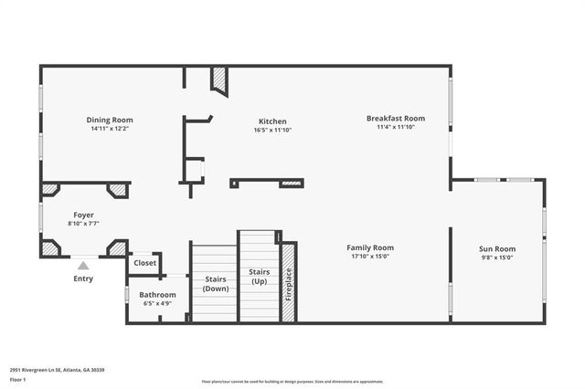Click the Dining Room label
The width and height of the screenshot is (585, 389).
(110, 120)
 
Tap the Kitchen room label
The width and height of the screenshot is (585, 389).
(272, 121)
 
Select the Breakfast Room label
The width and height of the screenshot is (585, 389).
(396, 118)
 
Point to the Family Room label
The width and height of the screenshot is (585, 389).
(370, 247)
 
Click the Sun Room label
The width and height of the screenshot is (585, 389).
(497, 248)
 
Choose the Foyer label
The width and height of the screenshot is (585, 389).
(84, 216)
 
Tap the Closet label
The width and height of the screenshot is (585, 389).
(145, 263)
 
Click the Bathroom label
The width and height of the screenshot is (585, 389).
(157, 294)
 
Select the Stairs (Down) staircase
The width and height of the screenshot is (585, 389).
(216, 282)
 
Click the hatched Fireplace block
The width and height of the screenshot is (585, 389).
(288, 282)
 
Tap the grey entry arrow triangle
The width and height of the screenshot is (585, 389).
(83, 266)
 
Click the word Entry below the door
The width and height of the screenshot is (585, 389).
(83, 279)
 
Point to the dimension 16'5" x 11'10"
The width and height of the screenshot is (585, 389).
(272, 131)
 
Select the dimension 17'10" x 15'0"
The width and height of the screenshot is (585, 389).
(370, 257)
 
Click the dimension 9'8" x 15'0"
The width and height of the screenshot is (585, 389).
(497, 258)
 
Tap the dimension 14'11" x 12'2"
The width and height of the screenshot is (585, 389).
(110, 129)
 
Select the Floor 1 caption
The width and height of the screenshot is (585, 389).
(17, 378)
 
